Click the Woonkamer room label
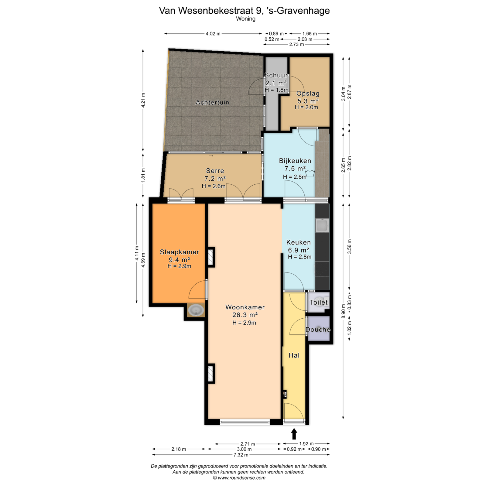click(245, 307)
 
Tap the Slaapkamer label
click(180, 252)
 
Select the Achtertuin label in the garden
click(212, 102)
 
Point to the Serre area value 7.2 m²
click(215, 179)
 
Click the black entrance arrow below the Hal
click(294, 434)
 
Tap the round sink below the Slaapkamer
click(196, 310)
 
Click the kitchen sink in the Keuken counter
click(322, 225)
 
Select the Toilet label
click(319, 302)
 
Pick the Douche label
click(318, 330)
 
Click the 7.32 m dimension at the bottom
click(241, 455)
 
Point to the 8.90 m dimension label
click(343, 311)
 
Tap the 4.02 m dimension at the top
click(213, 34)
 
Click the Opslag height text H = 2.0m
click(306, 107)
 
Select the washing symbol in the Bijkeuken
click(310, 173)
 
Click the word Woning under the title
click(246, 19)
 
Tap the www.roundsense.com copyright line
click(239, 478)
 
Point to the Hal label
click(294, 355)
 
